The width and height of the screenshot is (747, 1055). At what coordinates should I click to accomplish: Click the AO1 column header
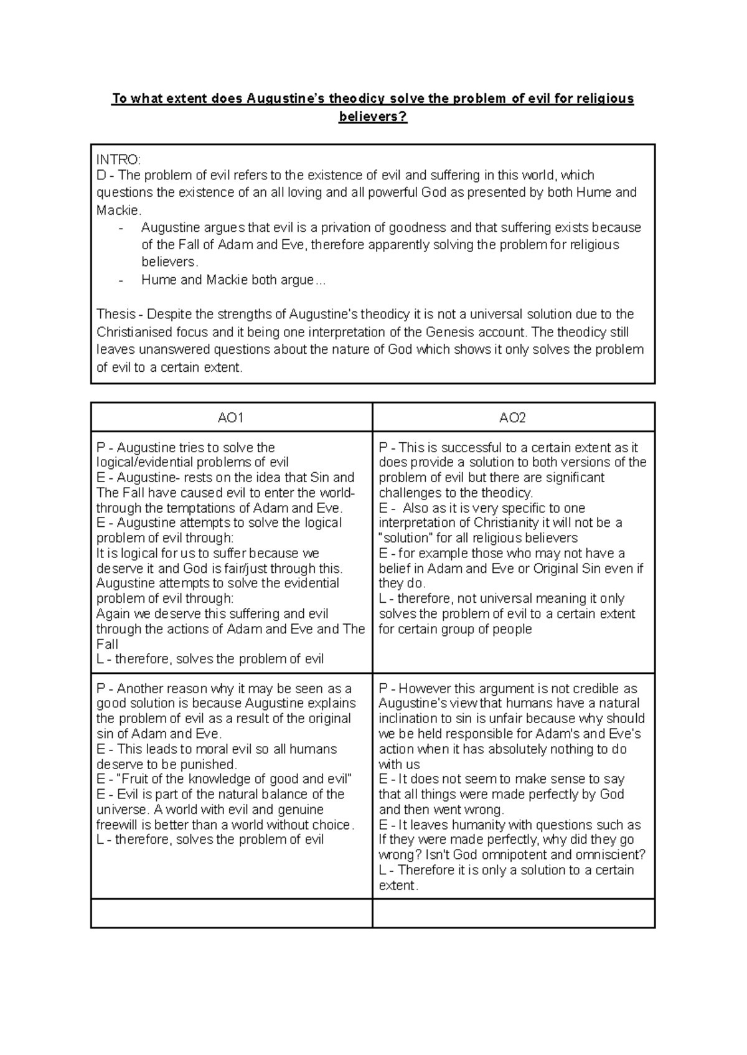[x=230, y=418]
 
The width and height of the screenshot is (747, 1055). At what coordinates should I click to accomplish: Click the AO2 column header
[x=512, y=418]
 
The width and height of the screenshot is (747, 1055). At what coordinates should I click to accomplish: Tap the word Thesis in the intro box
[x=116, y=315]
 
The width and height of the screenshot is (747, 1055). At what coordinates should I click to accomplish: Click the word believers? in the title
[x=372, y=116]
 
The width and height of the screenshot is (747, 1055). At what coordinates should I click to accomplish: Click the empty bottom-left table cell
[x=231, y=913]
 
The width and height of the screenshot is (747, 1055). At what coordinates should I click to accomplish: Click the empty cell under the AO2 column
[x=513, y=913]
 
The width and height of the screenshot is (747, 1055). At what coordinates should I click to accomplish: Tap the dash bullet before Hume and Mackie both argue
[x=121, y=280]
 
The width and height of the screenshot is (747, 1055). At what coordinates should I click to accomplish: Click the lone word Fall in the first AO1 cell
[x=107, y=644]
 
